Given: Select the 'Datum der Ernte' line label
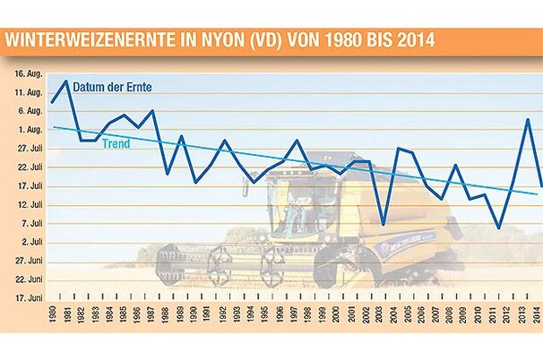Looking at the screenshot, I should coord(114,86).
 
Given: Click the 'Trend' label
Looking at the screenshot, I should coord(116,143).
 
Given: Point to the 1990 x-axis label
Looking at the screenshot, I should coord(196,315).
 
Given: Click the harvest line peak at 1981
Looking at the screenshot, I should coord(66,81).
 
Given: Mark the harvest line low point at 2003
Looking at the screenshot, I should coord(383,223).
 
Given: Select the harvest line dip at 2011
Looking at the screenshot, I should coord(498,228).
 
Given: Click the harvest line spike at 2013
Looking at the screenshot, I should coord(527,119).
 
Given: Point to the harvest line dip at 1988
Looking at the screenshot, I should coord(168,172).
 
